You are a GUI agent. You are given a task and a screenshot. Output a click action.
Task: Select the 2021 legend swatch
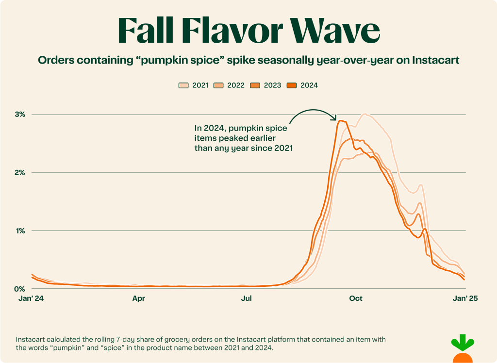[183, 85]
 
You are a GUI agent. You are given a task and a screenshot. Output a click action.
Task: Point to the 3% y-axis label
[20, 115]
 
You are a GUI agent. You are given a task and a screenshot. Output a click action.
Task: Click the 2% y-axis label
[20, 173]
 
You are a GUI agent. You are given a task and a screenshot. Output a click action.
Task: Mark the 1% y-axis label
[20, 231]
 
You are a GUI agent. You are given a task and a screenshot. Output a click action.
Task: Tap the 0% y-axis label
[20, 289]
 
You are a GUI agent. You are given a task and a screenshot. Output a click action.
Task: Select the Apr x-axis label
[139, 299]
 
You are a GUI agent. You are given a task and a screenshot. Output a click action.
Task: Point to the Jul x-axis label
[247, 299]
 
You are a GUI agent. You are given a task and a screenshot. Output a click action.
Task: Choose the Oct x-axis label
[356, 299]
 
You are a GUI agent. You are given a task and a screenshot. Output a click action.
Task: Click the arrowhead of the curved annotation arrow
[334, 118]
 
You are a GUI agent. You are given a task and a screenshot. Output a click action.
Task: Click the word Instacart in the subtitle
[433, 61]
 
